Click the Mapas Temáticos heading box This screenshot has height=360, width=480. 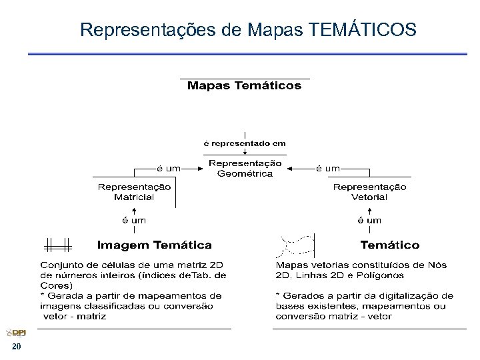click(x=244, y=86)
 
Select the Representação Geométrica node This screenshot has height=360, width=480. click(x=245, y=169)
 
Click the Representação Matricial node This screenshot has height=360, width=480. click(x=134, y=192)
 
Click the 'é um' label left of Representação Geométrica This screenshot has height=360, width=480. click(x=168, y=169)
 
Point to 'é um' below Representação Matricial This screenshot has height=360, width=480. click(x=133, y=220)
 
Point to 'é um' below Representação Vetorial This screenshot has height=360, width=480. click(x=369, y=220)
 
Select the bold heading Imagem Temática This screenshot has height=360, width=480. click(x=155, y=245)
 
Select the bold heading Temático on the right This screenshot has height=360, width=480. click(x=390, y=245)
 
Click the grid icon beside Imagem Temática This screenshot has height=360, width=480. click(x=58, y=245)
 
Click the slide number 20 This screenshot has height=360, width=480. click(x=16, y=348)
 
